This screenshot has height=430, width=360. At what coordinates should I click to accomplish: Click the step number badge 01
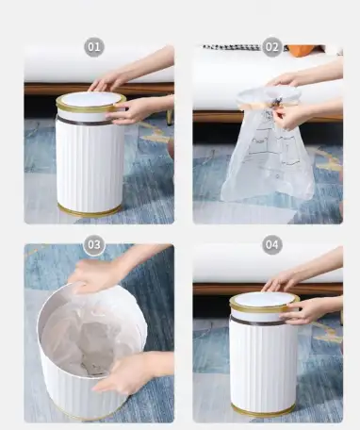tap(94, 47)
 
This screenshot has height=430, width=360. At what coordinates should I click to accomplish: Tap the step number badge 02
tap(272, 47)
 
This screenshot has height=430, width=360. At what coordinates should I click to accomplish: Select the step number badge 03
tap(94, 244)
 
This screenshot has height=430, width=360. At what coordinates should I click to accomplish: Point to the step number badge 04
tap(272, 244)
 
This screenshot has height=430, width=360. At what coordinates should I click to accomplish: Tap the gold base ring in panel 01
tap(90, 211)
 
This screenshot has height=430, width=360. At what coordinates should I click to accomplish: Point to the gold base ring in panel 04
tap(263, 411)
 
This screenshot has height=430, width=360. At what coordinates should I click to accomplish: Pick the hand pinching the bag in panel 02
tap(286, 116)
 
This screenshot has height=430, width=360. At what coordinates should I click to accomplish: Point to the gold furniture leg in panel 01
tap(170, 117)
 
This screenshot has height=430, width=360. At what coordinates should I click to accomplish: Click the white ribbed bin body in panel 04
tap(263, 365)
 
